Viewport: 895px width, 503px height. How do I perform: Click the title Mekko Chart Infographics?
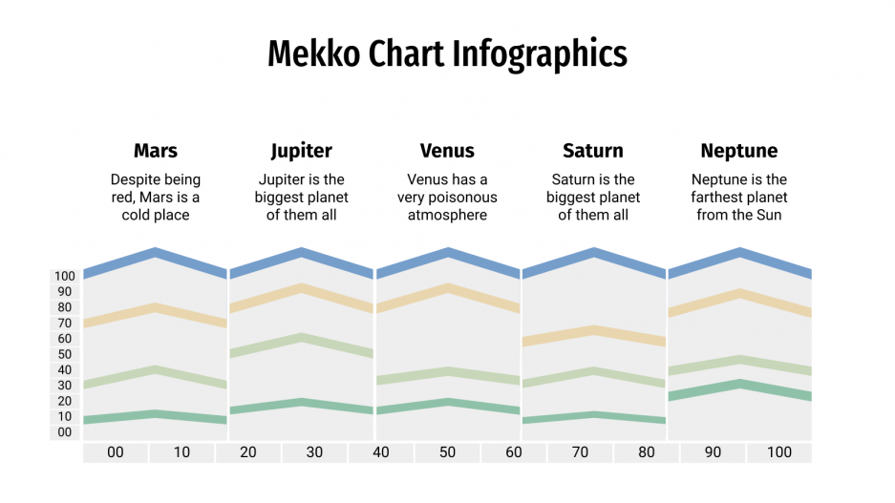point(447,53)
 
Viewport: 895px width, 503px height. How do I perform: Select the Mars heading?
point(155,151)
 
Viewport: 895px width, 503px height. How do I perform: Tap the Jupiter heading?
point(301,151)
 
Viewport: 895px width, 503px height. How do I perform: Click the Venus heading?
point(447,151)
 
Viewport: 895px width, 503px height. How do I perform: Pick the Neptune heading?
point(738,151)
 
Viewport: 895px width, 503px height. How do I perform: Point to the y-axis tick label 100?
point(64,277)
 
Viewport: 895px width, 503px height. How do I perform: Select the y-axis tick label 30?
point(64,386)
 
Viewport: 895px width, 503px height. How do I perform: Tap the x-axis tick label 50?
point(447,452)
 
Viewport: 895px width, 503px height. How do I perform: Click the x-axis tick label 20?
point(248,452)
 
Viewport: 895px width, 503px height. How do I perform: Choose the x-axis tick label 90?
point(713,452)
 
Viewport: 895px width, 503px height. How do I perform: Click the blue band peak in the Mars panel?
point(155,252)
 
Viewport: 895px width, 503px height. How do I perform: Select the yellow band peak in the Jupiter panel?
point(301,287)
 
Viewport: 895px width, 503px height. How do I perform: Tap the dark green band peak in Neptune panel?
point(739,384)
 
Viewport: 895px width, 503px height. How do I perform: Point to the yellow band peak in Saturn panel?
point(593,329)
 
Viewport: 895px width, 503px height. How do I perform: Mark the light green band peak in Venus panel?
point(447,371)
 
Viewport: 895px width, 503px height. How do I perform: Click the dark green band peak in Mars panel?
point(155,413)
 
